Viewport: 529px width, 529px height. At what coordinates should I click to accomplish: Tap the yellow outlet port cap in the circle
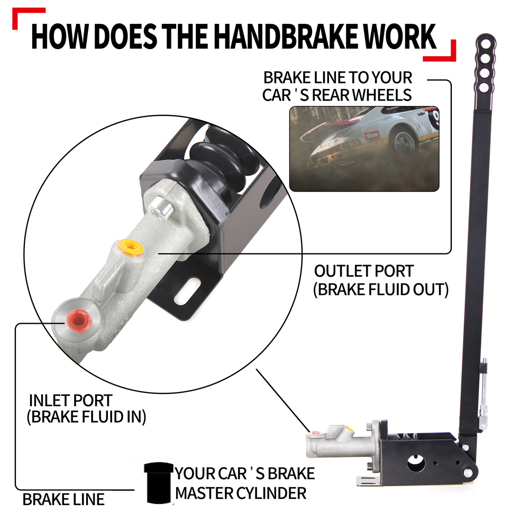coord(132,247)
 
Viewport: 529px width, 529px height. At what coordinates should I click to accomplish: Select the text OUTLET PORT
coord(364,271)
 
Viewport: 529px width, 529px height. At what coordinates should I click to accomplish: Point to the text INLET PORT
coord(70,400)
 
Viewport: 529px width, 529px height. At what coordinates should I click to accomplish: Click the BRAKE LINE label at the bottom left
coord(63,500)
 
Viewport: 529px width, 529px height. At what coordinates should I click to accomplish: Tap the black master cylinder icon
coord(158,483)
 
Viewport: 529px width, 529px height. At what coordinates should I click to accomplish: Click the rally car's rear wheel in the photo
coord(404,141)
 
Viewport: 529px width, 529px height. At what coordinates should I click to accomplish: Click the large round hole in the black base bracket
coord(416,463)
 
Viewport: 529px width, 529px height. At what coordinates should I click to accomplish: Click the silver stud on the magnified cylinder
coord(161,207)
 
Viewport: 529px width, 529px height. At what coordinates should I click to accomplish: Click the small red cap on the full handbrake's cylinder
coord(316,432)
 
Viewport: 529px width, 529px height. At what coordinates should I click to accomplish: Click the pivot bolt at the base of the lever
coord(468,473)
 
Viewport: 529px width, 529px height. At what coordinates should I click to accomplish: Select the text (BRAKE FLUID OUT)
coord(381,289)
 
